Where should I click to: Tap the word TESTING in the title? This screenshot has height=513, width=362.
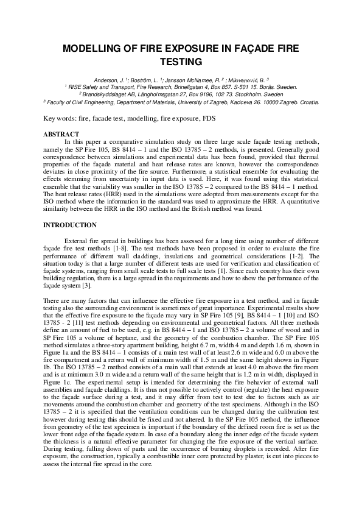tap(180, 61)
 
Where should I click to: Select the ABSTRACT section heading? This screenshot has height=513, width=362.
tap(61, 133)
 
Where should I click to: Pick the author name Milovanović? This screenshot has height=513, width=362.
tap(242, 80)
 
